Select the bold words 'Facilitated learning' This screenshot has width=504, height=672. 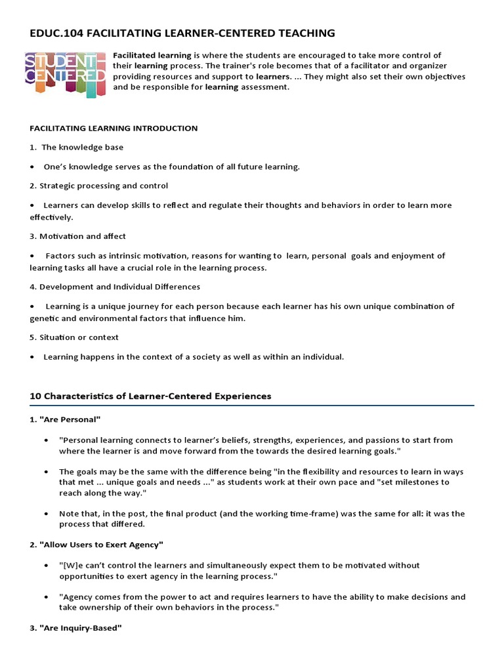(152, 55)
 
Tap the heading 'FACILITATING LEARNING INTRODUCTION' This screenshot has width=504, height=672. (114, 128)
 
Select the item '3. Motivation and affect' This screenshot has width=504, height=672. (77, 236)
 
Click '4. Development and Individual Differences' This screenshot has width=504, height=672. (115, 287)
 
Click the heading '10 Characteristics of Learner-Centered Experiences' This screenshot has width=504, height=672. (150, 396)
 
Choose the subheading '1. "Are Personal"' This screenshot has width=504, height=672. (65, 419)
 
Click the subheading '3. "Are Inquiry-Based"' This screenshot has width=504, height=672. (75, 628)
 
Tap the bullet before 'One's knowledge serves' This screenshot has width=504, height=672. (32, 167)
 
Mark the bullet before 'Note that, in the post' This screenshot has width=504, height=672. (46, 514)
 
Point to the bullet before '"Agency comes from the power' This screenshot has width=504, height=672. (46, 597)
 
